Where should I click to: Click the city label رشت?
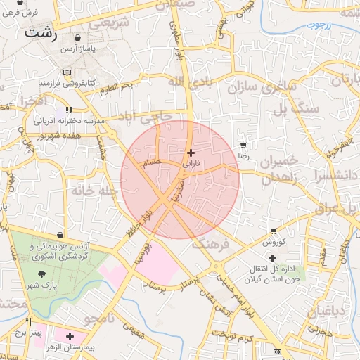pyautogui.click(x=40, y=32)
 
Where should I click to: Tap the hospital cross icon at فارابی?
pyautogui.click(x=191, y=153)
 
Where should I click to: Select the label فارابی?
pyautogui.click(x=191, y=162)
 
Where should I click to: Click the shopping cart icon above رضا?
pyautogui.click(x=243, y=145)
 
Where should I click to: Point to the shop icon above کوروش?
pyautogui.click(x=274, y=231)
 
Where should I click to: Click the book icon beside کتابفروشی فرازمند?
pyautogui.click(x=67, y=72)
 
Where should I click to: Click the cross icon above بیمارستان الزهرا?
pyautogui.click(x=70, y=337)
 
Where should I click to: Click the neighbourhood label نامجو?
pyautogui.click(x=100, y=318)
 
